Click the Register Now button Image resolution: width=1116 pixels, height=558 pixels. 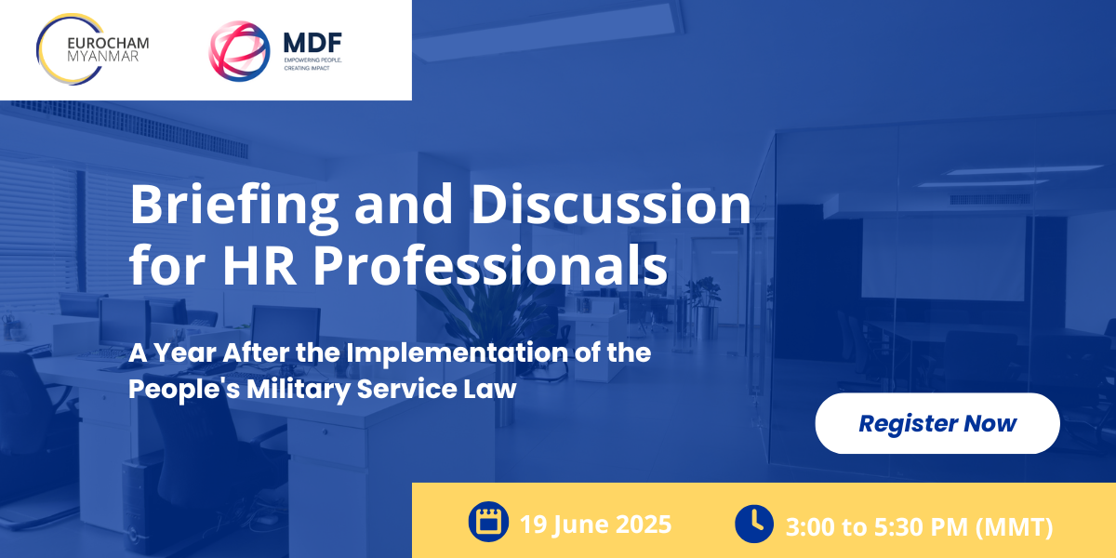pyautogui.click(x=937, y=423)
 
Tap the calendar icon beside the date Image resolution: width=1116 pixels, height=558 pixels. pyautogui.click(x=488, y=522)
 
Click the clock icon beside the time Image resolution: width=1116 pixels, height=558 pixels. pyautogui.click(x=754, y=524)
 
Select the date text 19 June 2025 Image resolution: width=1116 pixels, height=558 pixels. pyautogui.click(x=596, y=525)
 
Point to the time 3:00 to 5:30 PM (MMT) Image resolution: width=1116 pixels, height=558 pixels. pyautogui.click(x=919, y=526)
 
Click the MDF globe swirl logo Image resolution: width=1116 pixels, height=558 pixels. pyautogui.click(x=239, y=51)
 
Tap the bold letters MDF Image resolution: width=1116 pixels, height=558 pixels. pyautogui.click(x=312, y=43)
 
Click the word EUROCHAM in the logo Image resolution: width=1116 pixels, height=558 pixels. pyautogui.click(x=108, y=44)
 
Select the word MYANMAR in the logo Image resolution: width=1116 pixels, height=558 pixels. pyautogui.click(x=102, y=57)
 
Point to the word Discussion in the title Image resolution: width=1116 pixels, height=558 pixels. pyautogui.click(x=611, y=204)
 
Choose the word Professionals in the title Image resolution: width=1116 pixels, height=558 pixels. pyautogui.click(x=490, y=264)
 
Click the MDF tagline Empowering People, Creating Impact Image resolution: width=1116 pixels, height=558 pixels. pyautogui.click(x=312, y=64)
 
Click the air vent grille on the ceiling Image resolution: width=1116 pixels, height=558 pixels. pyautogui.click(x=128, y=128)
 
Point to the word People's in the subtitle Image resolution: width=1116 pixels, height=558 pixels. pyautogui.click(x=184, y=389)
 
